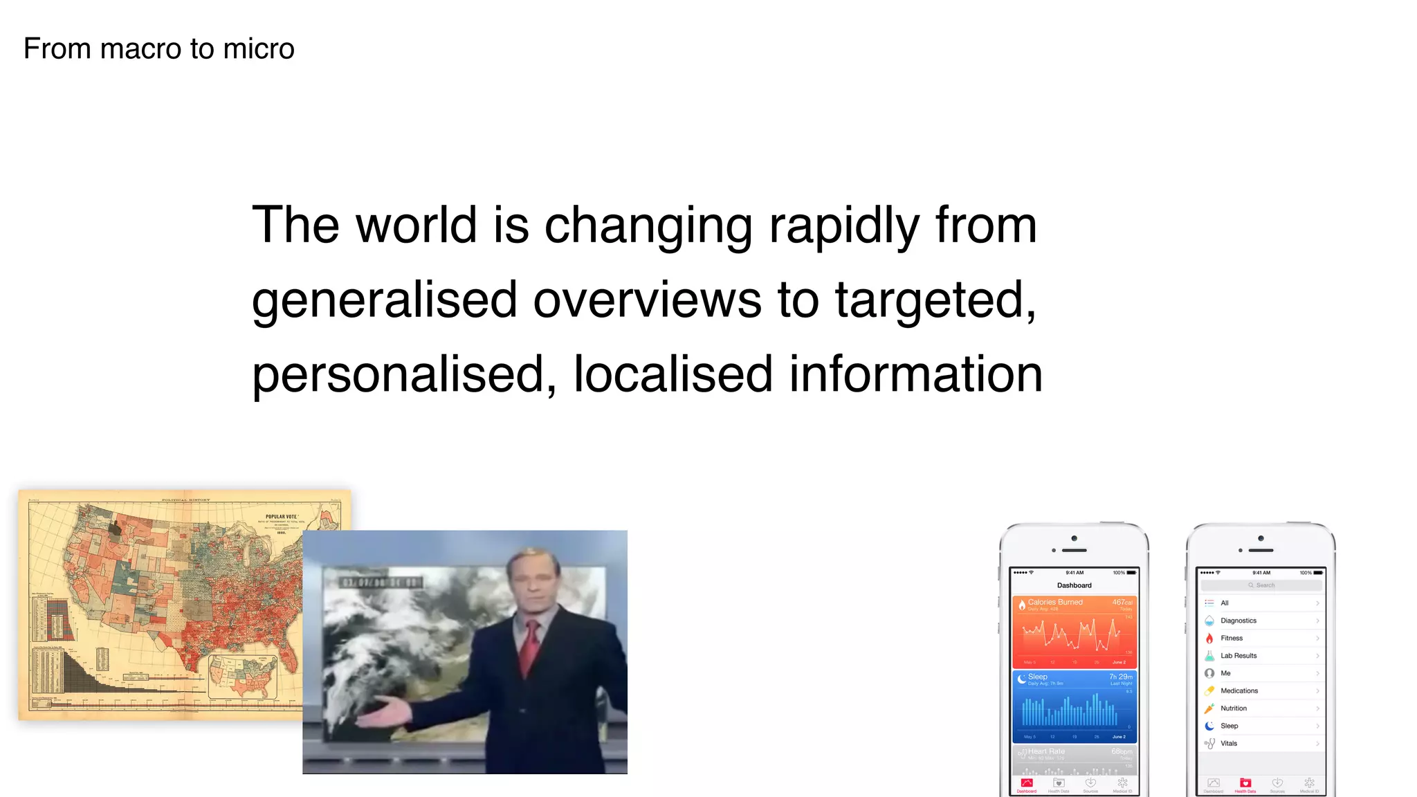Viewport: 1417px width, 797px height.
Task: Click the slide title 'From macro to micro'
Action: coord(159,49)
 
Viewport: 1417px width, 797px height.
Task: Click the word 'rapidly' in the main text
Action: coord(844,226)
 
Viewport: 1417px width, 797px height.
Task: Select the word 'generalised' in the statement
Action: coord(384,300)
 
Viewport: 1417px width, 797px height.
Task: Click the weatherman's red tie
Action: coord(529,647)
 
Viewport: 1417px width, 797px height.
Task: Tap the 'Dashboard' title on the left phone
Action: coord(1074,585)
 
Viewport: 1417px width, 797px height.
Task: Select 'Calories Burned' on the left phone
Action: coord(1054,602)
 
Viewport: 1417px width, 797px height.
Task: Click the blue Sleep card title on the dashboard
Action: coord(1037,677)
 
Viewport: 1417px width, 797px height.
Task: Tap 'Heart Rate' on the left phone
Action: coord(1046,751)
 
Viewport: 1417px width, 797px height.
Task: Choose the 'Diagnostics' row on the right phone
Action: coord(1238,621)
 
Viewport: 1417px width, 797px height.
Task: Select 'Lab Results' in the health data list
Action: coord(1238,656)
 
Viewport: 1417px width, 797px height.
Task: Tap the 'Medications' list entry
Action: coord(1239,690)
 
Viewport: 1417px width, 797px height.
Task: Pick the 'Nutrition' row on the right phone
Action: coord(1234,708)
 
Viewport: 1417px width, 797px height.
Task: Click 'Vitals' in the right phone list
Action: coord(1229,744)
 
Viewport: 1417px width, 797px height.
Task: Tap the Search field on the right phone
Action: coord(1261,585)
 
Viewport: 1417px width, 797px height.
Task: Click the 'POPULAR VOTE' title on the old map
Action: coord(281,517)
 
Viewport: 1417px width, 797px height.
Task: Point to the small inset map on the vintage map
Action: coord(243,677)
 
